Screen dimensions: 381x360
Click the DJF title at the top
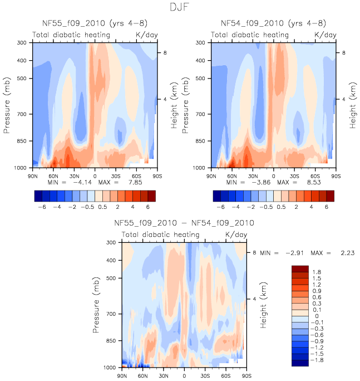pos(180,8)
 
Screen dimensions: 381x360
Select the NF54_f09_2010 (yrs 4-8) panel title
pos(273,23)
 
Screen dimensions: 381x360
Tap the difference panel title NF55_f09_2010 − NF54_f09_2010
pos(184,223)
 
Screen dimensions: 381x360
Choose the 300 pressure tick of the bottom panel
pos(110,243)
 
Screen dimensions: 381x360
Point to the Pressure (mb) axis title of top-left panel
pos(7,105)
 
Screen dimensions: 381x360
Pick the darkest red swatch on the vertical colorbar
pos(300,269)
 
